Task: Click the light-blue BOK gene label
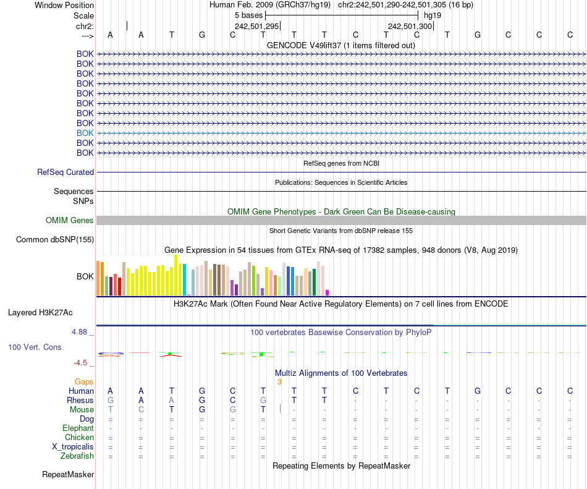click(x=85, y=133)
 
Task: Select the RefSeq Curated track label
click(x=65, y=172)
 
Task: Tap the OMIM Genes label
click(x=70, y=221)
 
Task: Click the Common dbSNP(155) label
click(x=55, y=240)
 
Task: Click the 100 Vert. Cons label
click(x=35, y=347)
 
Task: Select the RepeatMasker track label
click(x=68, y=475)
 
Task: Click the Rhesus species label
click(x=80, y=401)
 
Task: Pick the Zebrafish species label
click(x=77, y=456)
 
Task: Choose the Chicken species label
click(x=79, y=438)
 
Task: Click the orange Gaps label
click(x=84, y=382)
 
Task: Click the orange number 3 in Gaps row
click(x=279, y=382)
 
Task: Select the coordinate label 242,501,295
click(x=257, y=26)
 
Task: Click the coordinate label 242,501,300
click(x=410, y=26)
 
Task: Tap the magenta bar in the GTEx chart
click(x=327, y=292)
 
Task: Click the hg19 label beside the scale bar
click(x=433, y=15)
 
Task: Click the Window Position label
click(x=64, y=5)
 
